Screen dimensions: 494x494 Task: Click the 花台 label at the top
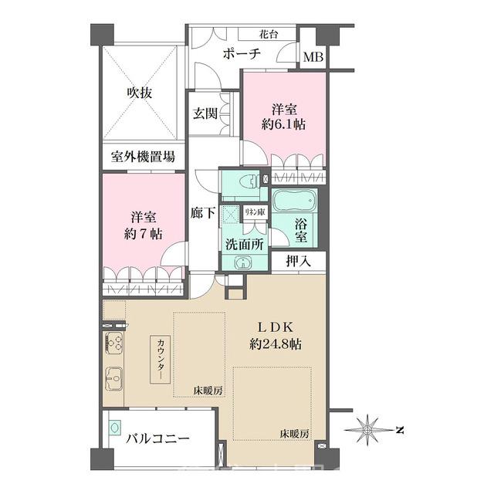[x=269, y=34]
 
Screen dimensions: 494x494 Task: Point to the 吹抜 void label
[x=140, y=93]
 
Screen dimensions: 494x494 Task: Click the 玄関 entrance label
[x=205, y=113]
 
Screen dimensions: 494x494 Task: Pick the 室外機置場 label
[x=143, y=157]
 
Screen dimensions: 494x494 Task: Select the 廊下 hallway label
[x=203, y=213]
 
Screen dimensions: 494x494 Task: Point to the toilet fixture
[x=245, y=184]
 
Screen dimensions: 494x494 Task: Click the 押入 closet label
[x=298, y=261]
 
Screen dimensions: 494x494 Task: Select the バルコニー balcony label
[x=157, y=438]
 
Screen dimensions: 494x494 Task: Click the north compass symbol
[x=370, y=428]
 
